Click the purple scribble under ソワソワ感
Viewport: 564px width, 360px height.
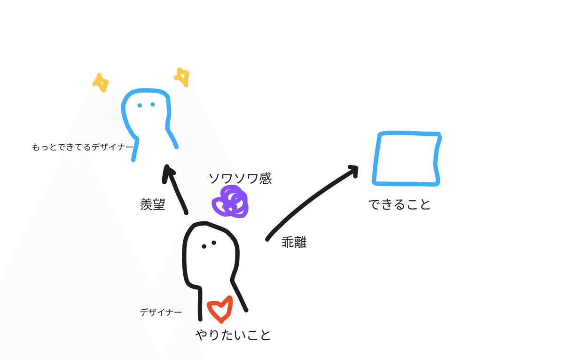pos(230,202)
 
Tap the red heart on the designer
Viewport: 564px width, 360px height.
pos(220,309)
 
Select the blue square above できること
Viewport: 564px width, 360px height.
pos(407,158)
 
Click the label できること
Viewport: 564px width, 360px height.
pos(399,204)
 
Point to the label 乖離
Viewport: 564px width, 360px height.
pos(294,242)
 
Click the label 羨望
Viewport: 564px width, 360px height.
pos(153,204)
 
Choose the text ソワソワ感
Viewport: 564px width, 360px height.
pos(240,178)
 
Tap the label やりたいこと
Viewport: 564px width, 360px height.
pos(234,335)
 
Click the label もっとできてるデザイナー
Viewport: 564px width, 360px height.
pos(83,147)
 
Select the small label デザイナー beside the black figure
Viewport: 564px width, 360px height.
pos(161,312)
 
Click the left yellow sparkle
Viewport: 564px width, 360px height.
pos(101,82)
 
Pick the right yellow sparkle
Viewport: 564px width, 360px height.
pos(182,77)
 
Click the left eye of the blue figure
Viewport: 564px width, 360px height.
pos(140,105)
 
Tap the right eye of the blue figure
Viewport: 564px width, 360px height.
pos(153,104)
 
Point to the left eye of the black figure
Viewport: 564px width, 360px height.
pos(204,246)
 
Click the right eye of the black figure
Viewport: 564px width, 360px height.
pos(214,243)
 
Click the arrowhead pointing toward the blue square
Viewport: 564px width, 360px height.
pos(353,170)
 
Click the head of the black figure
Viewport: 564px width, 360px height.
pos(211,249)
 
